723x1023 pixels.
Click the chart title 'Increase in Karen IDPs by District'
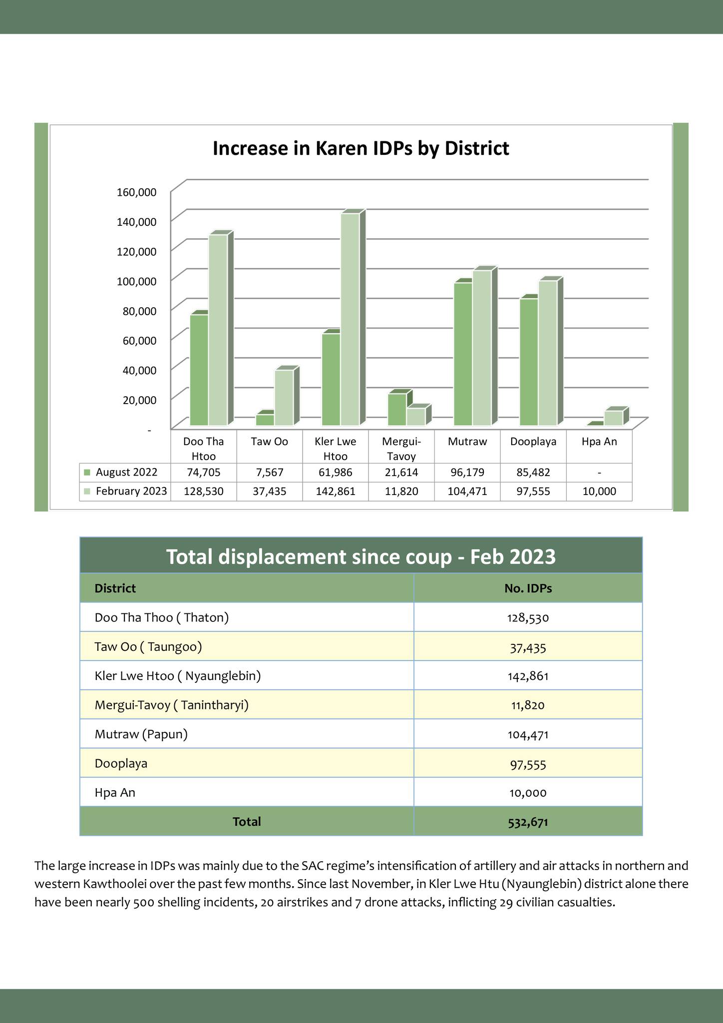(361, 149)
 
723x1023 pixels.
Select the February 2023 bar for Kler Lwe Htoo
(350, 319)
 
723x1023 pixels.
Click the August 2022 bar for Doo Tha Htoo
(199, 370)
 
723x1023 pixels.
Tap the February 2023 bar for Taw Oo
(284, 398)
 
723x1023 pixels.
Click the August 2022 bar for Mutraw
(463, 354)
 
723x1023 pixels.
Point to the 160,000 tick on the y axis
(137, 192)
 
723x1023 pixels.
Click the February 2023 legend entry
(125, 492)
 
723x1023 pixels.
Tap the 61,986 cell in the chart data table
(336, 473)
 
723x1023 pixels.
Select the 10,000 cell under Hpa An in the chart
(599, 492)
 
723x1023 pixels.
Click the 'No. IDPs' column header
(528, 588)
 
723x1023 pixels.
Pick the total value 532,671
(528, 822)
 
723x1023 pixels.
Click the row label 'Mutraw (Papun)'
(141, 734)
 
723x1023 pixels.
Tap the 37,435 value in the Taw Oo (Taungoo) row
(528, 648)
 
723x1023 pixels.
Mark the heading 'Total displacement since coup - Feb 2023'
(361, 556)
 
